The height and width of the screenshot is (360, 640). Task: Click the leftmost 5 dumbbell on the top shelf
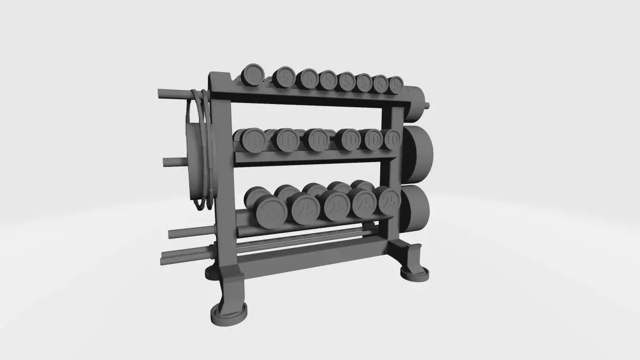click(253, 74)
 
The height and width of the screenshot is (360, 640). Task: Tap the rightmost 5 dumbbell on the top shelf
click(396, 84)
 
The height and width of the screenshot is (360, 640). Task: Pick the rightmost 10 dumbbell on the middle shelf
click(392, 140)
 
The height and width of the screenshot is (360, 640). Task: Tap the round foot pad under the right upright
click(414, 273)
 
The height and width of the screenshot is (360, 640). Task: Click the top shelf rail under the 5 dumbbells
click(315, 97)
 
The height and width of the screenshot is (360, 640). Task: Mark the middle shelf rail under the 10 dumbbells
click(315, 156)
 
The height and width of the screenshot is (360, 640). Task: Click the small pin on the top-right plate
click(428, 105)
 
